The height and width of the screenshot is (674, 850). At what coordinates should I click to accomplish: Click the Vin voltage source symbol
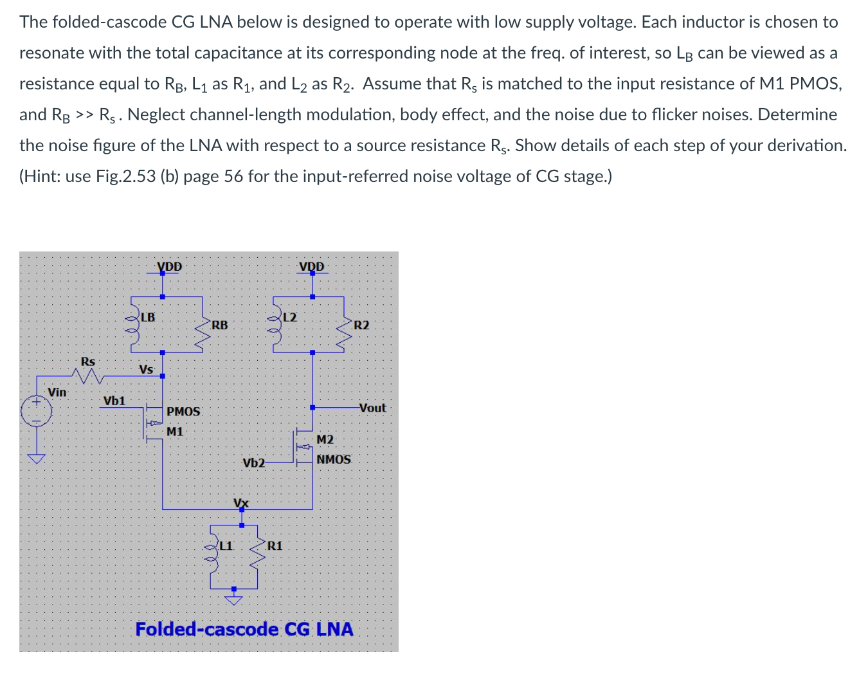point(36,412)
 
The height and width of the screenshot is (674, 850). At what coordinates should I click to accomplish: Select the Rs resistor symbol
point(89,374)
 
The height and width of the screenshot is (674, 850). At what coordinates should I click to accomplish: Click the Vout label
point(373,408)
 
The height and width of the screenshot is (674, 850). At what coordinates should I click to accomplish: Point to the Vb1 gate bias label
point(114,400)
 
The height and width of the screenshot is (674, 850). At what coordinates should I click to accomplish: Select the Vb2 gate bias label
point(253,462)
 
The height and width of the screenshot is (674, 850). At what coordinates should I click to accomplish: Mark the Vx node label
point(241,502)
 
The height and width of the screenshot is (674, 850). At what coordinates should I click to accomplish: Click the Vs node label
point(146,369)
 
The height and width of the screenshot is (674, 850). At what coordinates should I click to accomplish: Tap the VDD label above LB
point(170,266)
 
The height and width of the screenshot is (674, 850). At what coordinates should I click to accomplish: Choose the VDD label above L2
point(312,266)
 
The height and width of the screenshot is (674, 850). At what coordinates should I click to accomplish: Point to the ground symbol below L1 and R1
point(234,601)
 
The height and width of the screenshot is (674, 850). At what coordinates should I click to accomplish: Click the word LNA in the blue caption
point(335,628)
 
